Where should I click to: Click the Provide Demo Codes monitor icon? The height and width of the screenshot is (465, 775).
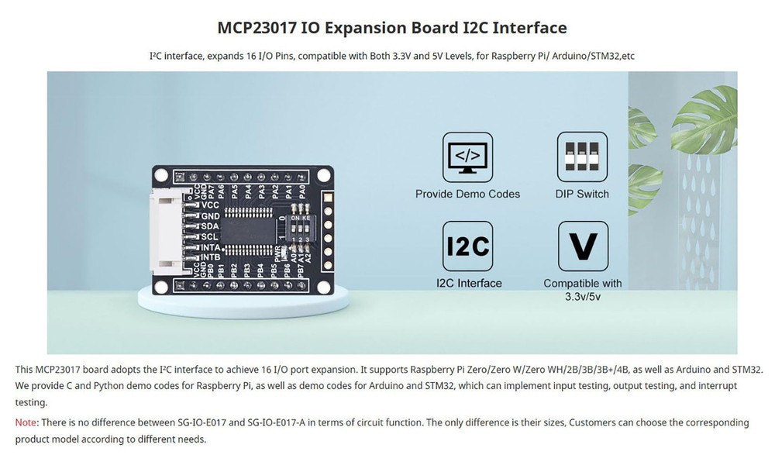[467, 157]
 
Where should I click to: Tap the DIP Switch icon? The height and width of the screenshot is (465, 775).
[582, 157]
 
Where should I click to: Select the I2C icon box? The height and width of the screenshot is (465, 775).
[467, 246]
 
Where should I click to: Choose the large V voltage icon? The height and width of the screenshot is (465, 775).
[583, 246]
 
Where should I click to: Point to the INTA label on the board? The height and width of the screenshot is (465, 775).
[212, 246]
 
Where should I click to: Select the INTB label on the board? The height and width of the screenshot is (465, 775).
[212, 257]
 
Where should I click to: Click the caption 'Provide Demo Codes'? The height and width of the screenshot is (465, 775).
[467, 194]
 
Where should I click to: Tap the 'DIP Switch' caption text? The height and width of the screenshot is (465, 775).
[582, 194]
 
